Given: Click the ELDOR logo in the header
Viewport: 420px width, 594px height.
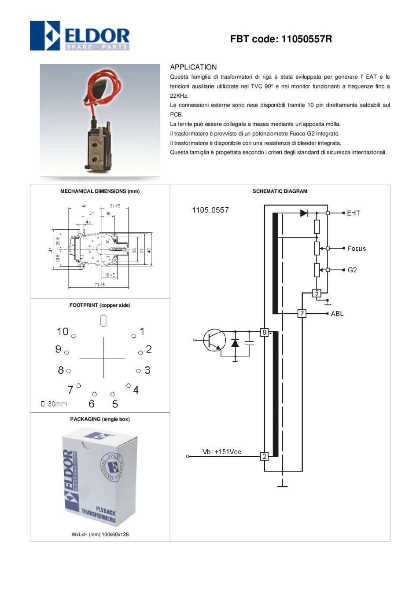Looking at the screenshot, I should (x=80, y=36).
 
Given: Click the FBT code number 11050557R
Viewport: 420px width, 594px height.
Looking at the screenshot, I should (x=306, y=39).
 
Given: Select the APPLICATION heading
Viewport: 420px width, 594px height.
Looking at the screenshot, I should (x=193, y=67).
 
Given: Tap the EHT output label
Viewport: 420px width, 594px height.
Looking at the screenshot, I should (x=354, y=213).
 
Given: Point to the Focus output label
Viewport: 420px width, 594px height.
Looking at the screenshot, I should (x=357, y=249).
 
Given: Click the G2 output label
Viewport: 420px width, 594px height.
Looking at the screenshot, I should (x=352, y=270).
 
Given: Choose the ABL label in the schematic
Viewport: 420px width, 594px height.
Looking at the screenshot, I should (x=337, y=314).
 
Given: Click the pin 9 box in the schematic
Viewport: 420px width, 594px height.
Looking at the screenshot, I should (x=264, y=332).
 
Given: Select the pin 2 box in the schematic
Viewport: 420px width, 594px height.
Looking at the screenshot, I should (x=264, y=456).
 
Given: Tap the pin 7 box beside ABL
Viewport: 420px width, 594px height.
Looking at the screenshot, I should (x=302, y=313).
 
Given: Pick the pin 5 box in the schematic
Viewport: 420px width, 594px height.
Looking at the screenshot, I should (x=317, y=293).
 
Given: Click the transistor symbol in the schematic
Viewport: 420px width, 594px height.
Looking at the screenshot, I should (x=214, y=340).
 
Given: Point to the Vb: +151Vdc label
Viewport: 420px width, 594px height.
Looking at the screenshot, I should (x=221, y=452).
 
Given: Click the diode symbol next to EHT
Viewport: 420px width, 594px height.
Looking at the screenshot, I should (x=304, y=213).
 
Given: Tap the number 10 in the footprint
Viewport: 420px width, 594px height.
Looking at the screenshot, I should (x=63, y=331).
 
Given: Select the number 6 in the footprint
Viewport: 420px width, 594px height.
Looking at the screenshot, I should (x=92, y=404).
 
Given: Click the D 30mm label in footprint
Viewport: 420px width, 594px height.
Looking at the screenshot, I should (x=54, y=404).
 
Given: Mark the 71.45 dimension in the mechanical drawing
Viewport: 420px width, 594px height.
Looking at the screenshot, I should (x=99, y=285).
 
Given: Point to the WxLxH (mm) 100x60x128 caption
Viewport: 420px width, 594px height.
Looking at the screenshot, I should (x=100, y=534).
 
